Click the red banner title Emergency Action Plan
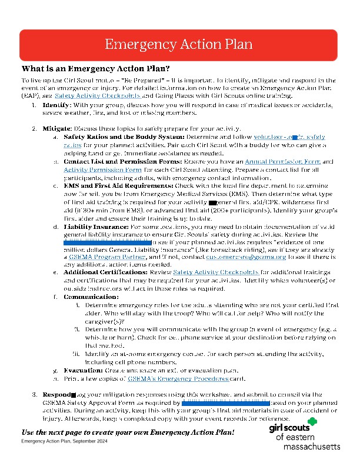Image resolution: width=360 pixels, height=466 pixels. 179,44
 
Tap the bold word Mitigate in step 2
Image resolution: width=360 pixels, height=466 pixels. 57,128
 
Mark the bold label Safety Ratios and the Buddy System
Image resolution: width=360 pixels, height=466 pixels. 106,136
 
